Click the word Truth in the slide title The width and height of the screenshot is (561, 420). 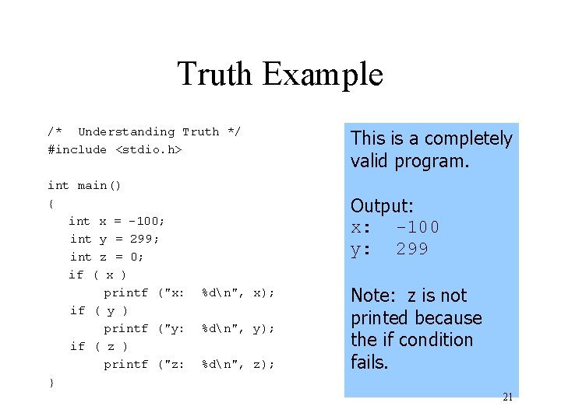pos(216,75)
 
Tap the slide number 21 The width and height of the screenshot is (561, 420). pos(507,397)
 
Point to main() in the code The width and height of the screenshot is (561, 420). pos(99,185)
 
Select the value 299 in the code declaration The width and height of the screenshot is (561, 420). pos(144,239)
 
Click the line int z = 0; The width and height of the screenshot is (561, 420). pos(107,257)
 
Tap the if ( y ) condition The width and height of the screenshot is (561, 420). pos(98,310)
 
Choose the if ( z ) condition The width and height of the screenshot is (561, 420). pos(98,346)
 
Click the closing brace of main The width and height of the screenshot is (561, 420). pos(51,383)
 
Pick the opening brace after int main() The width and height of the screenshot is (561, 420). pos(51,203)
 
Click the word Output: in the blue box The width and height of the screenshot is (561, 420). pos(382,206)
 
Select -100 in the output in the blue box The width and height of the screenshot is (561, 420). pos(418,227)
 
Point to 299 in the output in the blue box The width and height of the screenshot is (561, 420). pos(412,249)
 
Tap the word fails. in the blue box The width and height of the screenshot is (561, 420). pos(369,362)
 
